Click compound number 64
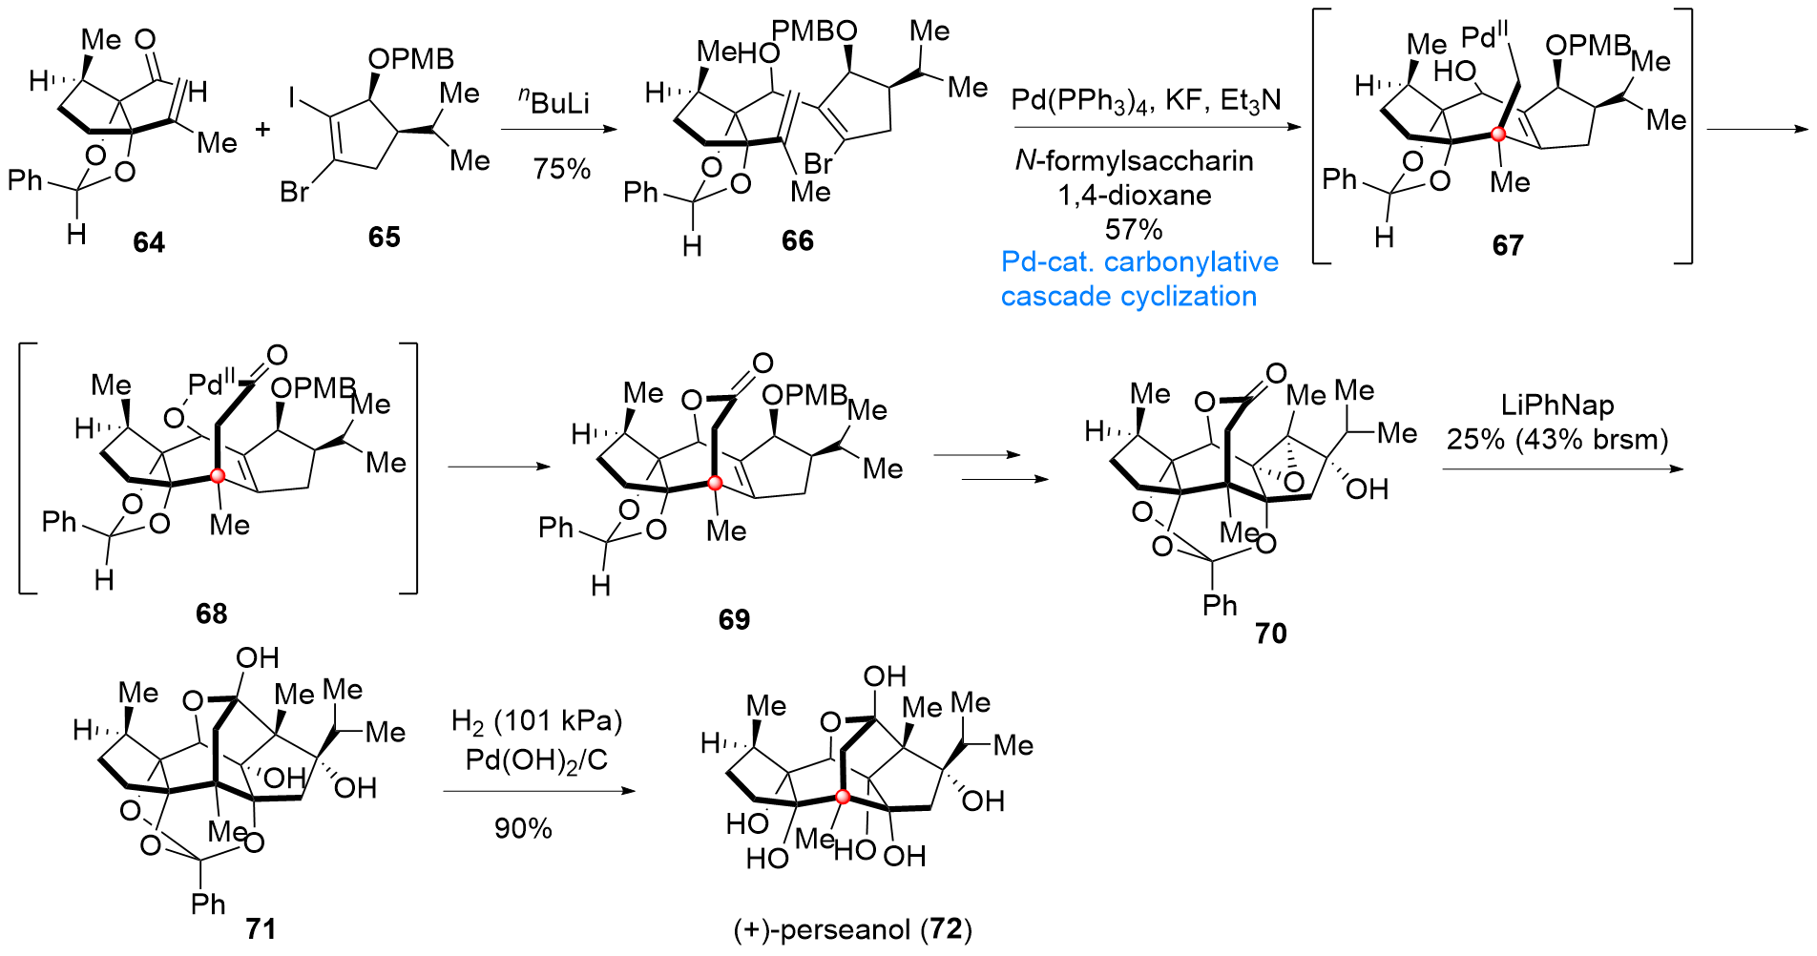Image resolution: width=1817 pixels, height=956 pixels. tap(149, 242)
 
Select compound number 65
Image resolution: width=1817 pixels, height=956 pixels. tap(385, 237)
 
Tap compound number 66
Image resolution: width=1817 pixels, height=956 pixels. tap(798, 240)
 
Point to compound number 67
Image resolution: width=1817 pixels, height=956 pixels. tap(1508, 245)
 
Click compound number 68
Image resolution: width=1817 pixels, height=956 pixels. tap(212, 613)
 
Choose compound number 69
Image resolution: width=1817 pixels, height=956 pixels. tap(734, 619)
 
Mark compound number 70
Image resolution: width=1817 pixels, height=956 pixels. tap(1271, 633)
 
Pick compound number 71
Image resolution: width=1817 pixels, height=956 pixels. tap(261, 928)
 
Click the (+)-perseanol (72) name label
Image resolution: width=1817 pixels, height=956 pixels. tap(852, 929)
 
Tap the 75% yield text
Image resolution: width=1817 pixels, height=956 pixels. tap(562, 169)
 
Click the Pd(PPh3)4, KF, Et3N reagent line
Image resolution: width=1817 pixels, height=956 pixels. tap(1146, 99)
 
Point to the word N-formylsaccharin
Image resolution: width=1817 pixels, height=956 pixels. tap(1134, 160)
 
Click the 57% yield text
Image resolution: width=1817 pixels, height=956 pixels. tap(1134, 229)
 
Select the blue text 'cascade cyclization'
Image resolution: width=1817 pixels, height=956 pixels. tap(1128, 297)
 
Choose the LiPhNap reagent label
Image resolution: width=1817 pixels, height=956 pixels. tap(1557, 405)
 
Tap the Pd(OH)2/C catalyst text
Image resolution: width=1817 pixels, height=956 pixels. tap(536, 760)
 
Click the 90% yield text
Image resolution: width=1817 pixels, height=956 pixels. tap(523, 828)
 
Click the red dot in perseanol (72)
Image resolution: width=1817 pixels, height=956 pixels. tap(843, 796)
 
